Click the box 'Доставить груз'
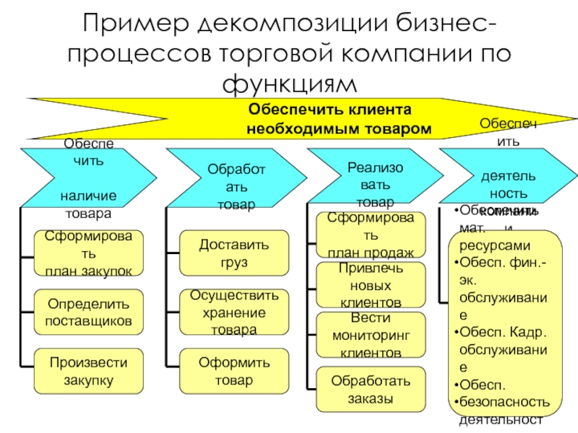click(233, 253)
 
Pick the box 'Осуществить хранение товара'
click(233, 312)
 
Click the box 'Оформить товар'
click(233, 370)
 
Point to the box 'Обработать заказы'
click(371, 388)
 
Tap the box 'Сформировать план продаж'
click(371, 235)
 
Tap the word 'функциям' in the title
click(290, 82)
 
